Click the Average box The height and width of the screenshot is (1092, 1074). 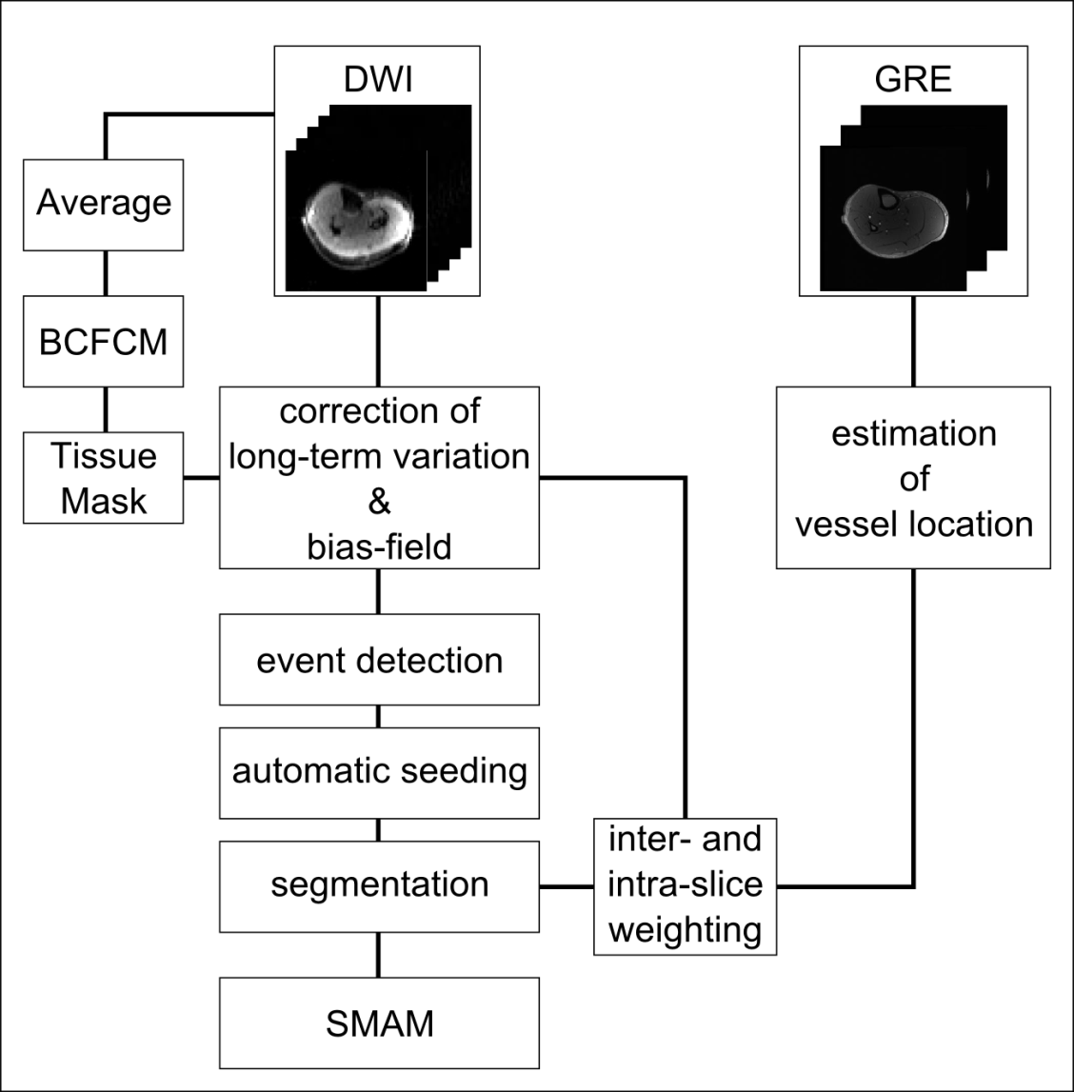pos(104,204)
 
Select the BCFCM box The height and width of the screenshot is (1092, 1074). pos(104,342)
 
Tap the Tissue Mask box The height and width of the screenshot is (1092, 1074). pos(104,478)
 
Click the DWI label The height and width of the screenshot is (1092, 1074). pos(378,80)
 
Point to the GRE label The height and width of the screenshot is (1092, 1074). pos(912,80)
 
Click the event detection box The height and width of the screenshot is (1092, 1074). pos(379,660)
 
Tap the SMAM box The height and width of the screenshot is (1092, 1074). pos(379,1023)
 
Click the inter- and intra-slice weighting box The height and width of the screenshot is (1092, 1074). pos(685,885)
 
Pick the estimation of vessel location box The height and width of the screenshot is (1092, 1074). pos(913,478)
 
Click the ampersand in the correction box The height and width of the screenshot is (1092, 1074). pos(379,502)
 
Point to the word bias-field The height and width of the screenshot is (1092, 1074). pos(379,546)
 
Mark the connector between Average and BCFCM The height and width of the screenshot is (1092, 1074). pos(105,273)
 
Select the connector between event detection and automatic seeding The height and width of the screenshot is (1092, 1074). pos(379,717)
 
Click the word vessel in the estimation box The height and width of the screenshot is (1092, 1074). pos(843,525)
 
